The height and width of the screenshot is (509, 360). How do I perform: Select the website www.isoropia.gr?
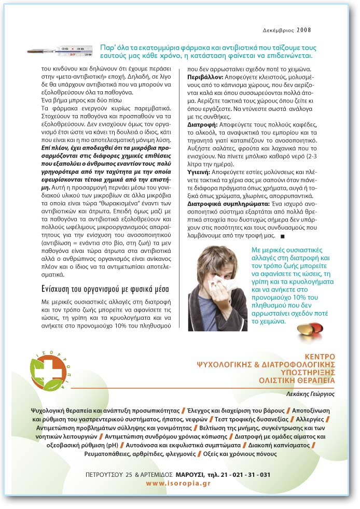178,483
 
